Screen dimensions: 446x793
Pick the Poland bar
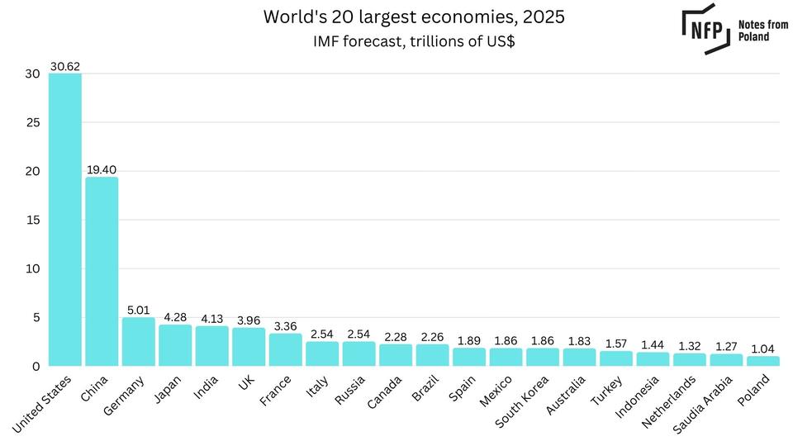pos(762,361)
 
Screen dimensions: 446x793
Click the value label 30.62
pos(65,66)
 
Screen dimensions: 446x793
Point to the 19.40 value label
pos(102,169)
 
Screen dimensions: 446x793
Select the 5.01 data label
pos(139,310)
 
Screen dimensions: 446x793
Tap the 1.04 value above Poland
pos(762,349)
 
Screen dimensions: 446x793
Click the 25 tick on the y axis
pos(32,122)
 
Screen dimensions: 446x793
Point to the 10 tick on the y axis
pos(32,268)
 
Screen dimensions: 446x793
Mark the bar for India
pos(211,345)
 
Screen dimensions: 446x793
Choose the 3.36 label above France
pos(285,326)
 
